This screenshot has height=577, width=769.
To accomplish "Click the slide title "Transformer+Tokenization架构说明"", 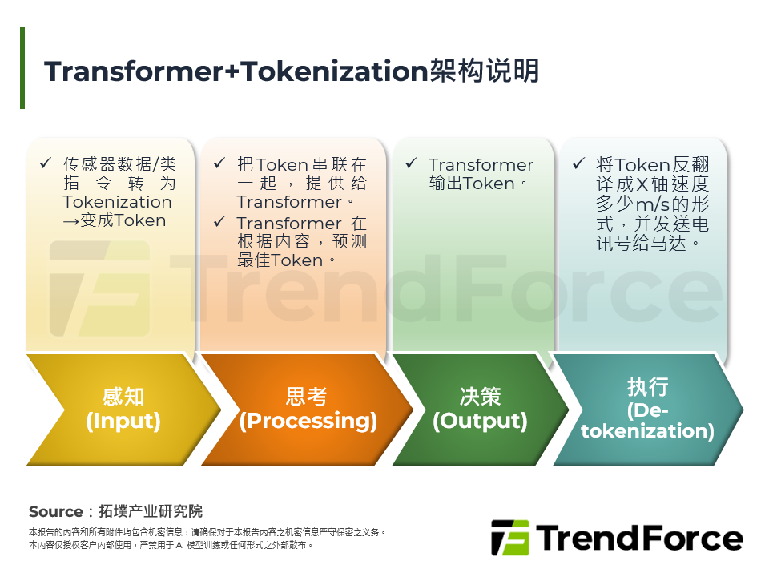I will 292,71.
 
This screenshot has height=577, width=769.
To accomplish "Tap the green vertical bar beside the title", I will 22,68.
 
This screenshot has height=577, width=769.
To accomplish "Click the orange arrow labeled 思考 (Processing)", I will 308,409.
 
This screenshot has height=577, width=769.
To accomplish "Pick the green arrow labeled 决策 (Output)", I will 480,409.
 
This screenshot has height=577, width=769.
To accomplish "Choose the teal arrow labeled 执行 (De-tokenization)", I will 647,409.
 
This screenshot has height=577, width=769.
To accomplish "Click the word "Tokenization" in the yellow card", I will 118,202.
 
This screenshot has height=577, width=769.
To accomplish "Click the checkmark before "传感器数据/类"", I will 46,164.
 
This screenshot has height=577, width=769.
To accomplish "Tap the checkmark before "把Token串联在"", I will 219,164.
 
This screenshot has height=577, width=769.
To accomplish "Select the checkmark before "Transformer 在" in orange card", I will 219,223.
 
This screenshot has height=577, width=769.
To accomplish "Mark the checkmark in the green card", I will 411,164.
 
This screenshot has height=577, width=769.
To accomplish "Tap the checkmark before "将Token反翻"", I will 578,164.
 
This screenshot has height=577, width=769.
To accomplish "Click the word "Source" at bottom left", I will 56,511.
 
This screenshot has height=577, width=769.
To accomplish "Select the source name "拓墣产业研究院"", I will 151,511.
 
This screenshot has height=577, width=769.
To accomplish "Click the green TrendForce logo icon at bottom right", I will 510,537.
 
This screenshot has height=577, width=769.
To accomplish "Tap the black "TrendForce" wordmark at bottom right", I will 639,537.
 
